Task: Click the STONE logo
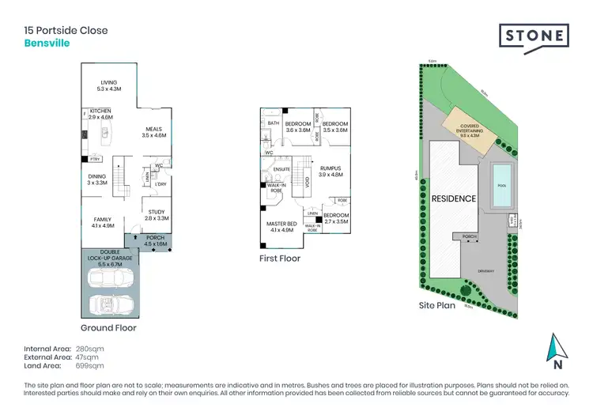click(x=534, y=36)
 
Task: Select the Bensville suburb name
click(x=47, y=43)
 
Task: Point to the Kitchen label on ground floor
click(x=100, y=113)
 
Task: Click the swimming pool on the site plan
click(x=500, y=187)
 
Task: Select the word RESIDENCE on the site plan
click(x=453, y=198)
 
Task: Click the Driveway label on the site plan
click(x=488, y=270)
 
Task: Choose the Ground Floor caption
click(x=108, y=327)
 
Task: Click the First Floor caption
click(x=280, y=258)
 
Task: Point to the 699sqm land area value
click(x=89, y=366)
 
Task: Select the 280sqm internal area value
click(x=89, y=349)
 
